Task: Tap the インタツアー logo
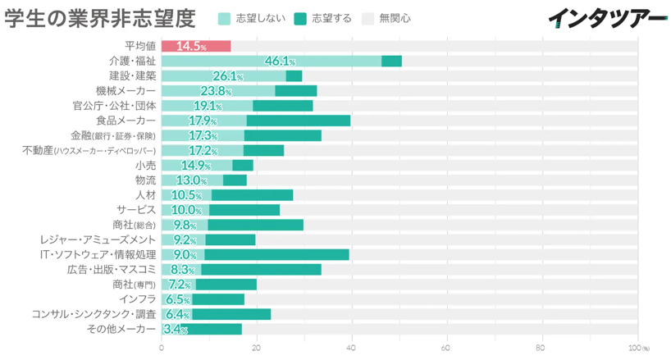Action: point(607,18)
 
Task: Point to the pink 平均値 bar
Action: point(195,46)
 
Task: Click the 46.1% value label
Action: point(280,61)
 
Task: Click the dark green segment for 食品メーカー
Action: point(298,121)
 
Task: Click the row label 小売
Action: point(145,165)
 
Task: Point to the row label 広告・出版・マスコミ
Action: point(112,269)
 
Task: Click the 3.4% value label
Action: point(176,329)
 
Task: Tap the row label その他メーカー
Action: point(121,329)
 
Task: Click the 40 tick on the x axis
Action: point(352,347)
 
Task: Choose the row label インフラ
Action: point(137,299)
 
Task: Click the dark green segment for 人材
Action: point(252,195)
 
